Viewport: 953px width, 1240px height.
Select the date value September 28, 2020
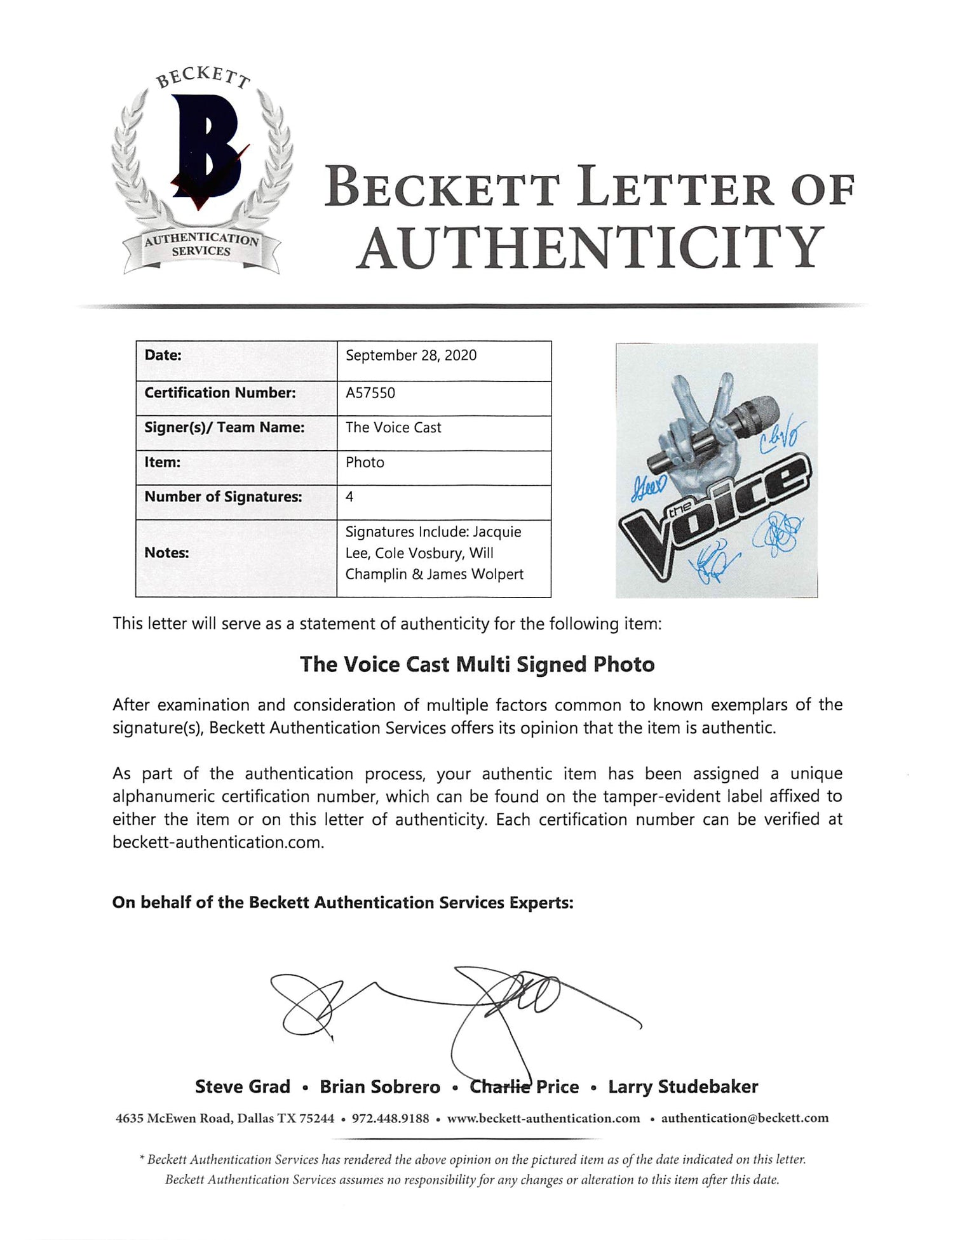(411, 356)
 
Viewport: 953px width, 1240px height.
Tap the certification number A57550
(370, 393)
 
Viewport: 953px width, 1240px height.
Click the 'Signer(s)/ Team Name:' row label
(224, 428)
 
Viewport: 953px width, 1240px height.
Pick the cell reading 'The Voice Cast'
(393, 428)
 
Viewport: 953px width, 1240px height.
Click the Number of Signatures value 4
(349, 497)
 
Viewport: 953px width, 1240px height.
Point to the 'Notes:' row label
(166, 553)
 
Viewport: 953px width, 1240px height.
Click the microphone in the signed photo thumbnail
(715, 432)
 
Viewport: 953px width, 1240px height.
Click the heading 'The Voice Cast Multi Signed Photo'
(477, 665)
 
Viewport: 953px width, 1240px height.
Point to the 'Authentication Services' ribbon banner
(201, 246)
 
